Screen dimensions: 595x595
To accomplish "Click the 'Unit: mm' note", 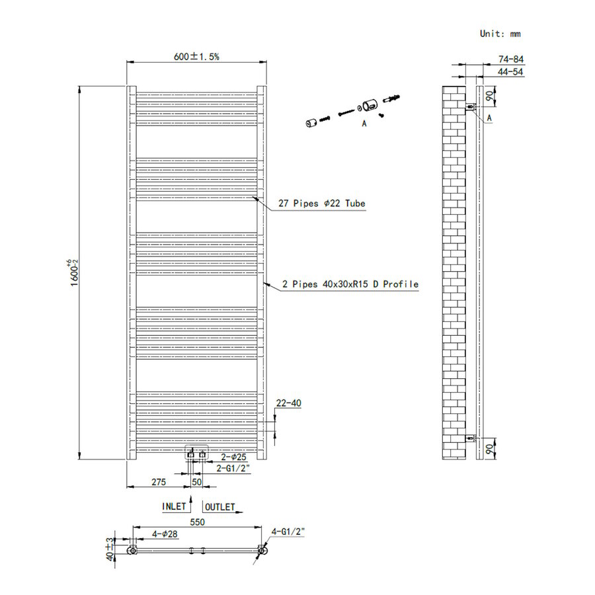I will [x=500, y=33].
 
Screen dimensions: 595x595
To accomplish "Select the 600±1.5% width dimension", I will [x=196, y=57].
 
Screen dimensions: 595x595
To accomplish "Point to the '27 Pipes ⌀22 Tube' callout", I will [x=321, y=204].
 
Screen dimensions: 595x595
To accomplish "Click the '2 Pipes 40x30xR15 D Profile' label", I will [x=350, y=284].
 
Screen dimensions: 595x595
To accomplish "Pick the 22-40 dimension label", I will [x=288, y=403].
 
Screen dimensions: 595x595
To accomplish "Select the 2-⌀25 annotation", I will [x=233, y=457].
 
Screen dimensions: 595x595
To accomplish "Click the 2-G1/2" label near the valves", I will [x=233, y=468].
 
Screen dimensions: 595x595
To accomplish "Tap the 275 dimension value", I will [x=159, y=483].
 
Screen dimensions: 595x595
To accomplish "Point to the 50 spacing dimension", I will [x=196, y=483].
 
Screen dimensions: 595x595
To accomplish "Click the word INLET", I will [x=174, y=507].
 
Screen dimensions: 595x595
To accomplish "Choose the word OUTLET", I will [x=219, y=507].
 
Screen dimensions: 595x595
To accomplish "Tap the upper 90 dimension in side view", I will [x=489, y=96].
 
